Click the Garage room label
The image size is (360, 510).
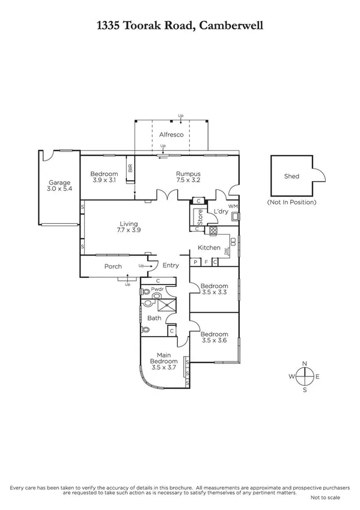pyautogui.click(x=60, y=183)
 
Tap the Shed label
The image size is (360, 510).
pyautogui.click(x=291, y=176)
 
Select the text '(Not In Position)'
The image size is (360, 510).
pyautogui.click(x=291, y=202)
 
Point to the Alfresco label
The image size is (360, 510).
pyautogui.click(x=171, y=135)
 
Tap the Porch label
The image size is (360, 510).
pyautogui.click(x=113, y=266)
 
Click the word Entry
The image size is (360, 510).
pyautogui.click(x=171, y=266)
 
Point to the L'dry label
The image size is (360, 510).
pyautogui.click(x=221, y=211)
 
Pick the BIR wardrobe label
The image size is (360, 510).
pyautogui.click(x=130, y=169)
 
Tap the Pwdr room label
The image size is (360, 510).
pyautogui.click(x=157, y=289)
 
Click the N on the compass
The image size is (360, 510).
pyautogui.click(x=305, y=363)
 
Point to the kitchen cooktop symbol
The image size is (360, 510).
pyautogui.click(x=212, y=230)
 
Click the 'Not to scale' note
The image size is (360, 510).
pyautogui.click(x=325, y=498)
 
